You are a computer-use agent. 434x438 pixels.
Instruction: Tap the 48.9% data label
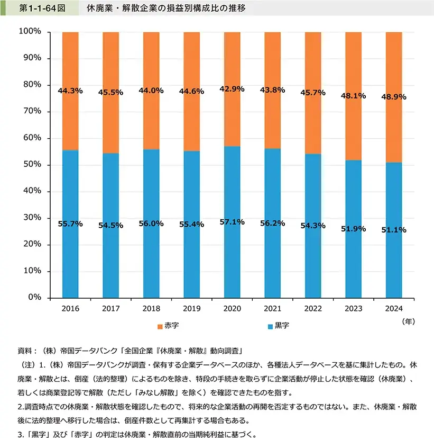click(x=394, y=98)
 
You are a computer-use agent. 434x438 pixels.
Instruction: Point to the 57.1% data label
click(x=232, y=222)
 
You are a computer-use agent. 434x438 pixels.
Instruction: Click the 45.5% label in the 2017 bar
click(x=110, y=92)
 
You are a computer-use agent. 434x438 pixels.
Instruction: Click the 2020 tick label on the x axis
click(x=232, y=309)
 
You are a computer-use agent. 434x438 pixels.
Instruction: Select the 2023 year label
click(x=353, y=309)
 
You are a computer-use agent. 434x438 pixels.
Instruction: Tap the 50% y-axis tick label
click(x=32, y=165)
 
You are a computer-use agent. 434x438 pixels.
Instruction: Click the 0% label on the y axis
click(x=34, y=298)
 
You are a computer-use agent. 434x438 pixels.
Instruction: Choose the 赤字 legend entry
click(x=168, y=325)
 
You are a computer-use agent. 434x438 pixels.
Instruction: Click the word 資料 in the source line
click(x=25, y=351)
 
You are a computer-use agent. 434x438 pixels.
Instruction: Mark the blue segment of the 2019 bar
click(x=192, y=254)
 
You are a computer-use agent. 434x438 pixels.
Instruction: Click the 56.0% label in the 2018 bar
click(x=151, y=224)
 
